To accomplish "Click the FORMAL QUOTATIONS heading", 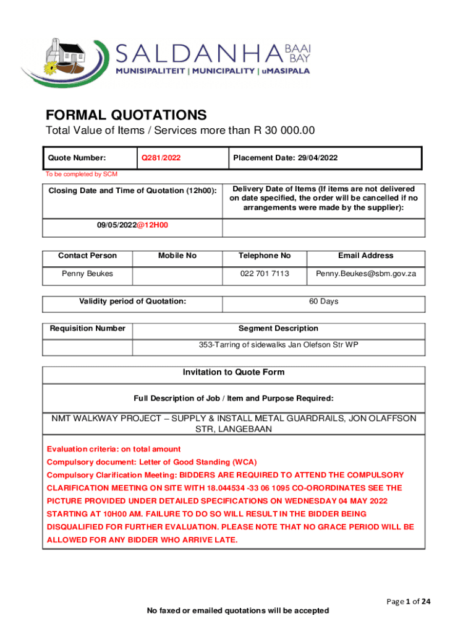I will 126,115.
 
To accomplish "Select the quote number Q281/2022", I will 161,158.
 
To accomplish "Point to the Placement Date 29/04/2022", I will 286,158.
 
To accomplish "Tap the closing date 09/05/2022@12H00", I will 132,225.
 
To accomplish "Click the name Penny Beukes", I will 87,273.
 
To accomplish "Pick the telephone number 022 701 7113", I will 264,273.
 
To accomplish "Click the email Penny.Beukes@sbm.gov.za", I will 366,273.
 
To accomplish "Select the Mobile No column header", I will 177,256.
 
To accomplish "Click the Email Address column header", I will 365,256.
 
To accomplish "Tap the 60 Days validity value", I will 323,302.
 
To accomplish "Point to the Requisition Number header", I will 87,328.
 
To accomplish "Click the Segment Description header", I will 278,328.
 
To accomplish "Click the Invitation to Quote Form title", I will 234,372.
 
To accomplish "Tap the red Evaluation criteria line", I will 114,449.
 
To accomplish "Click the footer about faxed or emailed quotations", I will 237,610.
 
